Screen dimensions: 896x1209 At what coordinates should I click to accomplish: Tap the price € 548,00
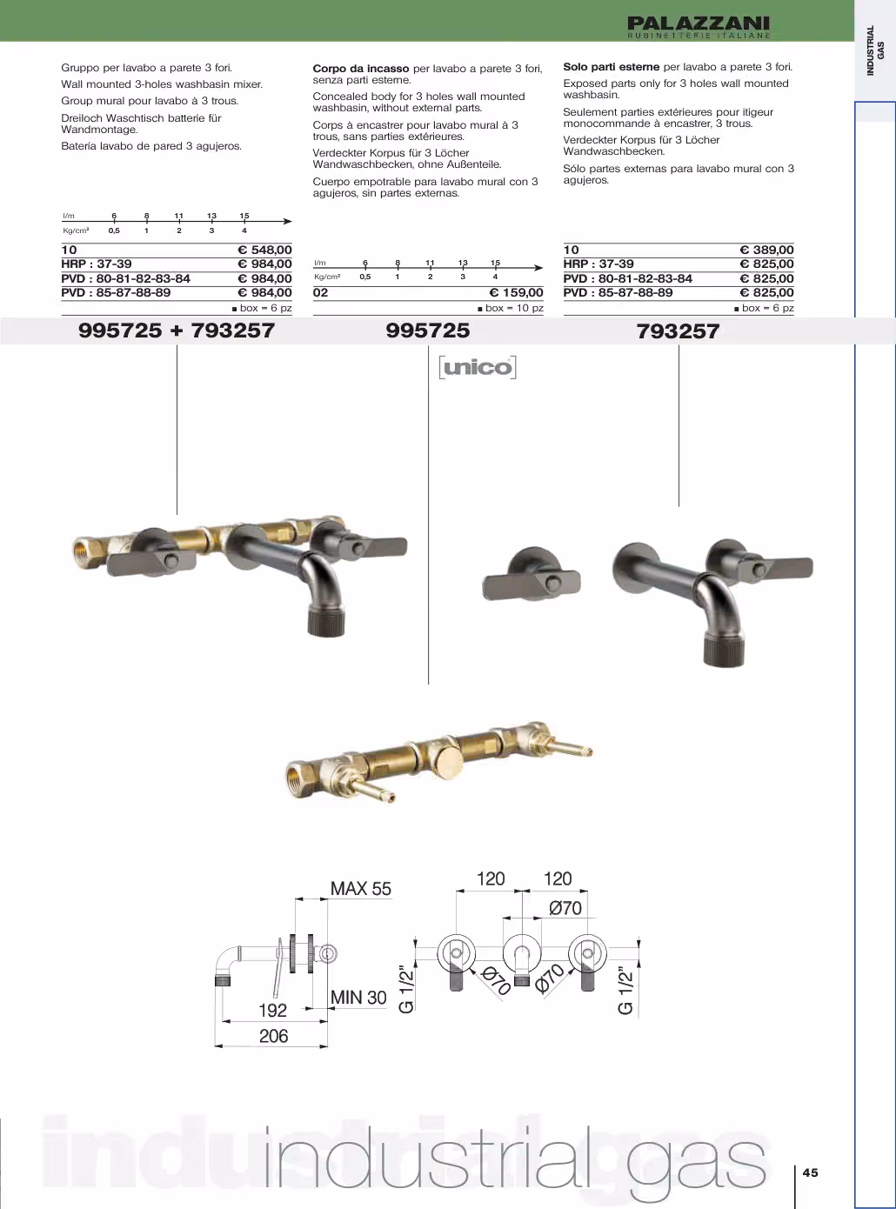click(x=264, y=250)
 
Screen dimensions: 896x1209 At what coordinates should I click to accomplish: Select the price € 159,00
click(x=516, y=293)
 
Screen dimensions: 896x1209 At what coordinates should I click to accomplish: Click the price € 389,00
click(x=766, y=250)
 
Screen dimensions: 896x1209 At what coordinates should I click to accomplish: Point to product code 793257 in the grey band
click(x=678, y=331)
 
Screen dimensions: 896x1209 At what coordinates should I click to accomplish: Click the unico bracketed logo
click(x=478, y=367)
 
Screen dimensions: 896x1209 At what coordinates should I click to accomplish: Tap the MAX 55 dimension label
click(x=360, y=889)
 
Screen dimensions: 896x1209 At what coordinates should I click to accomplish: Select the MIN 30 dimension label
click(x=358, y=998)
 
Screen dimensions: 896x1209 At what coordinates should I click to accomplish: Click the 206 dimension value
click(x=273, y=1036)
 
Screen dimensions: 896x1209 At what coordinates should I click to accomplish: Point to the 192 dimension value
click(x=272, y=1011)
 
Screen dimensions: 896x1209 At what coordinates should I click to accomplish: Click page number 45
click(x=811, y=1172)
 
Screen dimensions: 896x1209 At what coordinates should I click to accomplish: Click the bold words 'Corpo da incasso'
click(x=360, y=69)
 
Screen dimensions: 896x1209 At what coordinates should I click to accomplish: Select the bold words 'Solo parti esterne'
click(x=611, y=67)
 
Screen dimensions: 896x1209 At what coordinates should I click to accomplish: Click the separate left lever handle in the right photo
click(x=532, y=575)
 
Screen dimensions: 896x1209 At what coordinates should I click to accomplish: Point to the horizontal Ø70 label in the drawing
click(x=565, y=907)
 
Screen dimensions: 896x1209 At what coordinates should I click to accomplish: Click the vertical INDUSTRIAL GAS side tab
click(x=875, y=51)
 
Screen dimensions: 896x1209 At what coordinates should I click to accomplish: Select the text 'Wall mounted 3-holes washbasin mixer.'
click(x=162, y=84)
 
